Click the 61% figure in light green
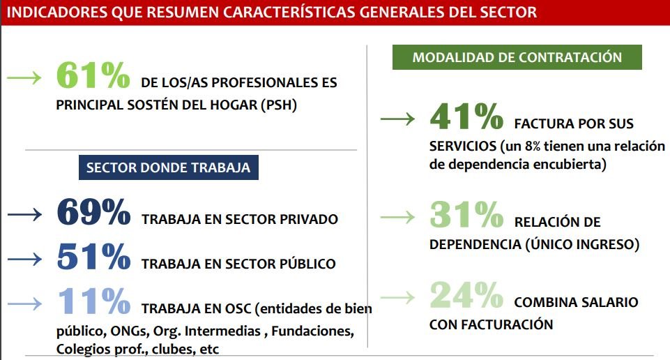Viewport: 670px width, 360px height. tap(93, 75)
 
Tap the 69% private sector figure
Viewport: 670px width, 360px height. tap(93, 211)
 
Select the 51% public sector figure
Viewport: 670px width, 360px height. tap(93, 257)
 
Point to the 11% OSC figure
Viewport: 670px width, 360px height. tap(93, 301)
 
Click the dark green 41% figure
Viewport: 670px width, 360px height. tap(466, 117)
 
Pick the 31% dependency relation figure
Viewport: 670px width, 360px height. tap(466, 215)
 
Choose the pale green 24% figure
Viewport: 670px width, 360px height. tap(466, 295)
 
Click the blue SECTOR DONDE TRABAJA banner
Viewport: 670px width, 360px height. tap(168, 167)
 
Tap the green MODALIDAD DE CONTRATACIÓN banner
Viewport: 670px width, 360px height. tap(517, 57)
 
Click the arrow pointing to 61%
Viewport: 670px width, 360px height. tap(24, 77)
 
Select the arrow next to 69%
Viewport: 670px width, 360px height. tap(24, 214)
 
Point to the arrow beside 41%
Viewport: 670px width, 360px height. tap(397, 119)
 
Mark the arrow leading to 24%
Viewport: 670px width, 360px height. tap(397, 297)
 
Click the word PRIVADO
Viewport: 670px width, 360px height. tap(309, 219)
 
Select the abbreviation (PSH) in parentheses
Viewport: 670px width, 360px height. tap(279, 105)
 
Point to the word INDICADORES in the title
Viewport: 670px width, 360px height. tap(57, 12)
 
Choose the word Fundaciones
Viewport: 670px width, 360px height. tap(313, 331)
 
